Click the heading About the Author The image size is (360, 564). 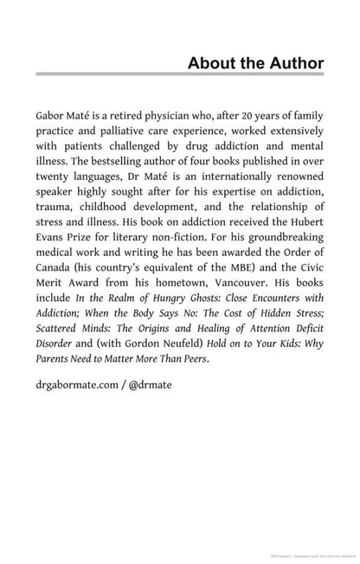pyautogui.click(x=255, y=63)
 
